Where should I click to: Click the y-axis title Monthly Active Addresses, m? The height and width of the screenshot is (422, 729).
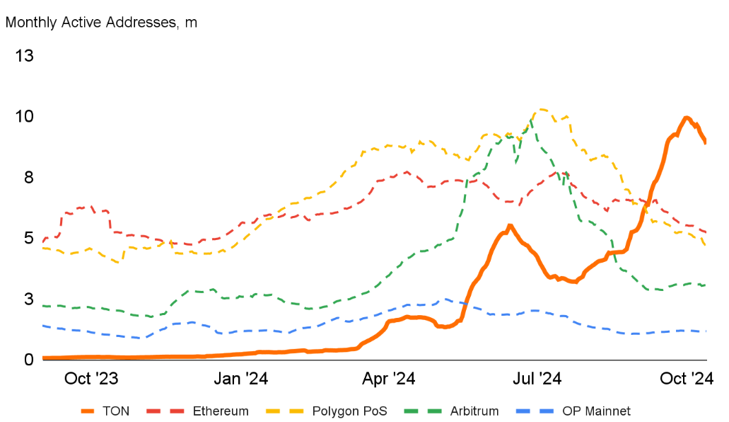tap(101, 22)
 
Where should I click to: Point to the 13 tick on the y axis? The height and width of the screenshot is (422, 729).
tap(25, 56)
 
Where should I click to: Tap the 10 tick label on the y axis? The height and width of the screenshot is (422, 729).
tap(25, 116)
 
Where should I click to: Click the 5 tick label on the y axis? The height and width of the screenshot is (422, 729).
tap(28, 238)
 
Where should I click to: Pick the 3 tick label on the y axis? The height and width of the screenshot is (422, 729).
tap(28, 299)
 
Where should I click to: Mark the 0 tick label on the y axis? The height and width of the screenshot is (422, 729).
tap(28, 360)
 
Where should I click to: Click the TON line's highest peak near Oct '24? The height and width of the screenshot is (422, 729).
tap(686, 118)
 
